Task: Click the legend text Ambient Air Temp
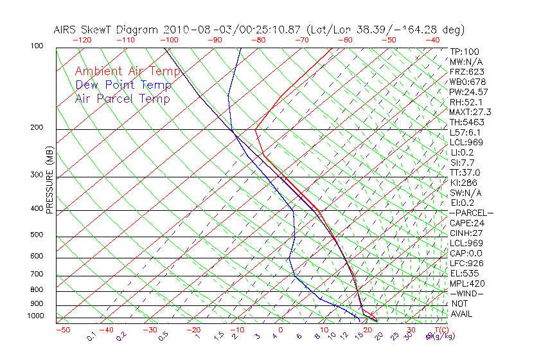tap(128, 71)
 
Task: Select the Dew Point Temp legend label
tap(123, 85)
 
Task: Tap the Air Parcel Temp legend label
tap(123, 98)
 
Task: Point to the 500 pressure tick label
tap(36, 235)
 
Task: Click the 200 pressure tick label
tap(36, 127)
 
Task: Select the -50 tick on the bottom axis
tap(62, 330)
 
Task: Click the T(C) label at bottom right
tap(440, 330)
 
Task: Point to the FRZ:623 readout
tap(466, 72)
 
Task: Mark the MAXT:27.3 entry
tap(470, 112)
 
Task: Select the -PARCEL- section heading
tap(471, 213)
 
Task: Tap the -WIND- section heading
tap(467, 293)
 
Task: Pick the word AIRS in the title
tap(66, 30)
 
